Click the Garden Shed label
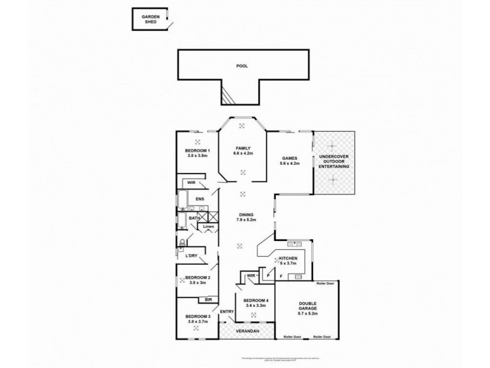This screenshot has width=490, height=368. [150, 18]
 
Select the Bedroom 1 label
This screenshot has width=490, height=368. [198, 151]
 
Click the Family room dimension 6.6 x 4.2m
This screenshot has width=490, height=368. [243, 153]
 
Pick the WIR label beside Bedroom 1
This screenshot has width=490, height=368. [191, 182]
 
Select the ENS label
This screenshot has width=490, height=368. [200, 199]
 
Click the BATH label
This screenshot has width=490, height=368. [194, 218]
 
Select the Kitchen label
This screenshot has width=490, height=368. [288, 259]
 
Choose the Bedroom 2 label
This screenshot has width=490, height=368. [198, 278]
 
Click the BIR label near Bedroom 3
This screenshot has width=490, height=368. [209, 300]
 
